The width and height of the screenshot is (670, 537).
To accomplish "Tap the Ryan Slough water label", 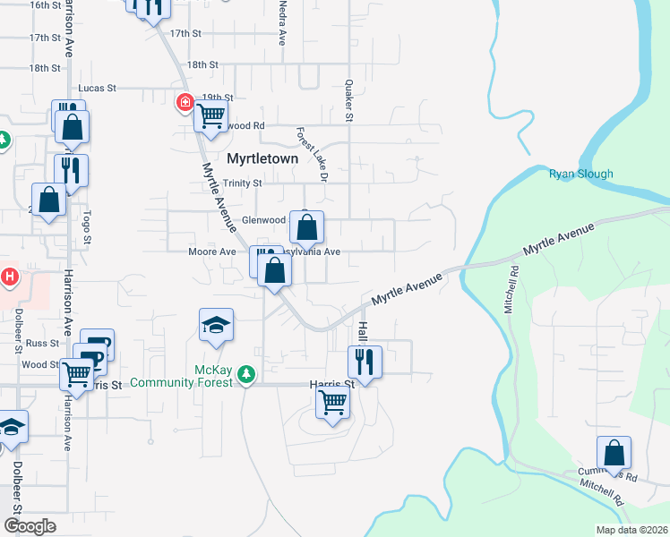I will [580, 175].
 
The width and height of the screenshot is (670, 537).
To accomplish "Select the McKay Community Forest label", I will [182, 377].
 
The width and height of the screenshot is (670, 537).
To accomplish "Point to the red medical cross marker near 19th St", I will [185, 104].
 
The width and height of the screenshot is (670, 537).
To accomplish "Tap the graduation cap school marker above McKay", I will [216, 326].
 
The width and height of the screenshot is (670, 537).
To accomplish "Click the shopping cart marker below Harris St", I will [332, 404].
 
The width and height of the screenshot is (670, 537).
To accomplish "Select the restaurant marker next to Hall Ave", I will [365, 362].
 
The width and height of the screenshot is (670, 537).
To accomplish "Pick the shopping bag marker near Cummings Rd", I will [614, 453].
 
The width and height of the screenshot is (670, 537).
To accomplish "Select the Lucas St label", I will [98, 89].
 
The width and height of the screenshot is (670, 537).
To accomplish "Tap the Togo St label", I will [87, 227].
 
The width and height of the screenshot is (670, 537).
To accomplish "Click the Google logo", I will [30, 526].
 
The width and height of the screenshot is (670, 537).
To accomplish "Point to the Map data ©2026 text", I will [632, 530].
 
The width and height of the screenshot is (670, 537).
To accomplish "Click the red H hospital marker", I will [10, 277].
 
